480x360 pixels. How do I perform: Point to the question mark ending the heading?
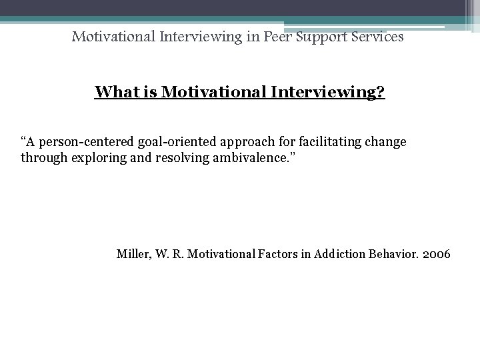[381, 92]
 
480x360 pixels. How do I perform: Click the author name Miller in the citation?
[132, 253]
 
